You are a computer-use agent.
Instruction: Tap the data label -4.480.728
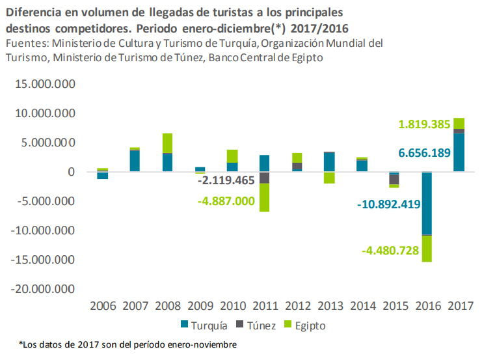tap(397, 250)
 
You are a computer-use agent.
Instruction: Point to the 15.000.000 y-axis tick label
tap(42, 84)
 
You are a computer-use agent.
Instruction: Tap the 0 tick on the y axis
tap(73, 172)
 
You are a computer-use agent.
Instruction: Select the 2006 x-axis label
tap(102, 306)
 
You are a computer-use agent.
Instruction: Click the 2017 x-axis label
tap(459, 306)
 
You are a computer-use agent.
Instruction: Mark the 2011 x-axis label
tap(265, 306)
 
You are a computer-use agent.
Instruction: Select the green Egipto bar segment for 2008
tap(167, 143)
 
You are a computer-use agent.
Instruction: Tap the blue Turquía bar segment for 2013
tap(330, 162)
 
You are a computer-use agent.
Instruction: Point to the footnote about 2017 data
tap(127, 344)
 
